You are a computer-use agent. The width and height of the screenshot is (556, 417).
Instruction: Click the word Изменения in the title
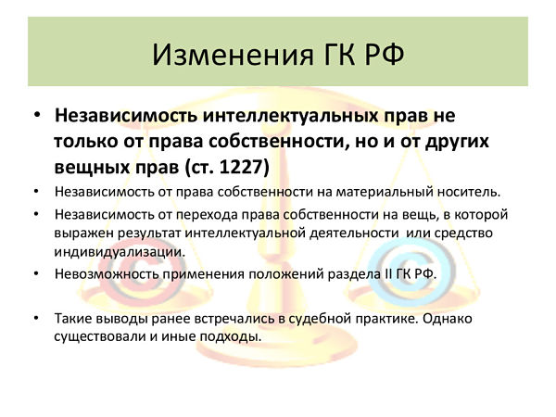pyautogui.click(x=233, y=55)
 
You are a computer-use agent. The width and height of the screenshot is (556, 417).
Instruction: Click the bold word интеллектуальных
pyautogui.click(x=290, y=115)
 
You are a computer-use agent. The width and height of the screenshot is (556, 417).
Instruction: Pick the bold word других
pyautogui.click(x=457, y=142)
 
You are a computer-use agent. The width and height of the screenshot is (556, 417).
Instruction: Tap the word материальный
pyautogui.click(x=385, y=192)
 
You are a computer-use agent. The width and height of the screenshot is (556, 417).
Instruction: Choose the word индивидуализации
pyautogui.click(x=120, y=252)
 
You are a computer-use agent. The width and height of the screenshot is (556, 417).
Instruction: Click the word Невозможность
pyautogui.click(x=108, y=274)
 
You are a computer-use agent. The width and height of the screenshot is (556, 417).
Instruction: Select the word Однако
pyautogui.click(x=448, y=319)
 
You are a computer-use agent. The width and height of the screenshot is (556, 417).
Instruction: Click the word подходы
pyautogui.click(x=231, y=336)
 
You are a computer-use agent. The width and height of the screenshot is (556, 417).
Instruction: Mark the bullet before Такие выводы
pyautogui.click(x=36, y=318)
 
